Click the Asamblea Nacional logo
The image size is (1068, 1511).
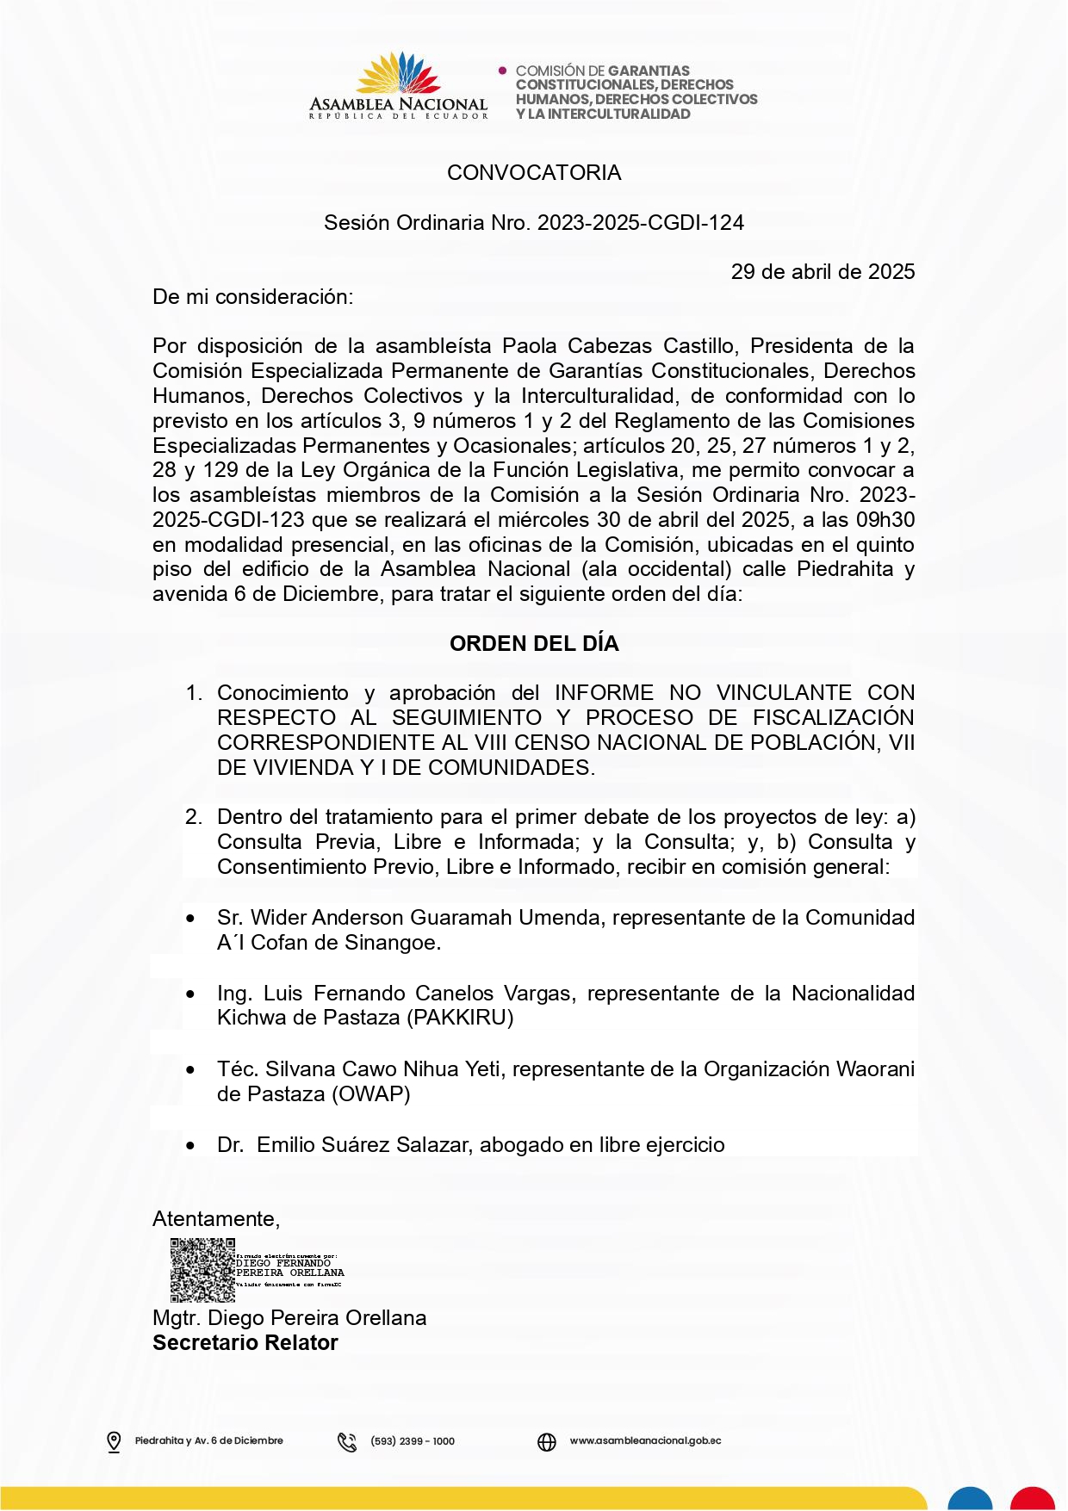(398, 85)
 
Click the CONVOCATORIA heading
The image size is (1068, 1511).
(534, 173)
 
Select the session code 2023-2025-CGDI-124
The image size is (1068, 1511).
(641, 223)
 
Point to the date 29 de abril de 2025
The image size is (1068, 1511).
(823, 272)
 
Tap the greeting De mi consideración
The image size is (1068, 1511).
(252, 297)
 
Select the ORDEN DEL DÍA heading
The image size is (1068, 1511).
(534, 644)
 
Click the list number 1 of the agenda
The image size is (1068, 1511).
(194, 693)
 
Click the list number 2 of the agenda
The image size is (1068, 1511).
(194, 817)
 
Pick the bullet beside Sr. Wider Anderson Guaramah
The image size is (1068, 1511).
(190, 919)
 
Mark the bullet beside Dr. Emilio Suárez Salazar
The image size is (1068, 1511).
(190, 1146)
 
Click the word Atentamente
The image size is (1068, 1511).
(215, 1219)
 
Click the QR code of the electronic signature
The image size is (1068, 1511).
(202, 1270)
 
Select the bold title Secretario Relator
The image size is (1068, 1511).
(245, 1343)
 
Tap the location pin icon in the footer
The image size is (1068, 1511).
(114, 1441)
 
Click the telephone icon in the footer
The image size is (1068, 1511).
(347, 1441)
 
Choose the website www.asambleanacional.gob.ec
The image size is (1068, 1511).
(645, 1441)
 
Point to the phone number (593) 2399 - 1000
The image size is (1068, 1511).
(413, 1441)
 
